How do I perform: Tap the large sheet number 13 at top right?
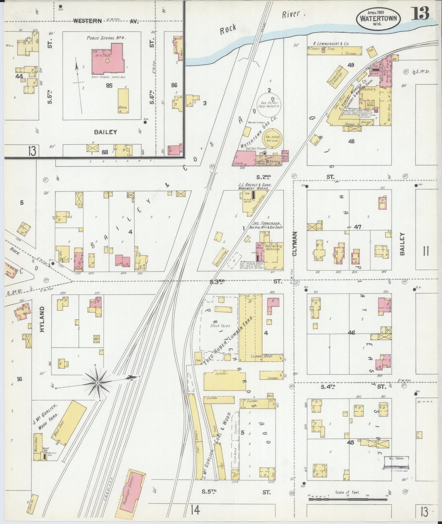(420, 13)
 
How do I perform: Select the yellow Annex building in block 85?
(123, 101)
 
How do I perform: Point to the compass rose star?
(97, 383)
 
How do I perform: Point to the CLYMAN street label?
(295, 243)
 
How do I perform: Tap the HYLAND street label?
(42, 319)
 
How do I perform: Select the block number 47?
(357, 227)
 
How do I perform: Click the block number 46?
(351, 332)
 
